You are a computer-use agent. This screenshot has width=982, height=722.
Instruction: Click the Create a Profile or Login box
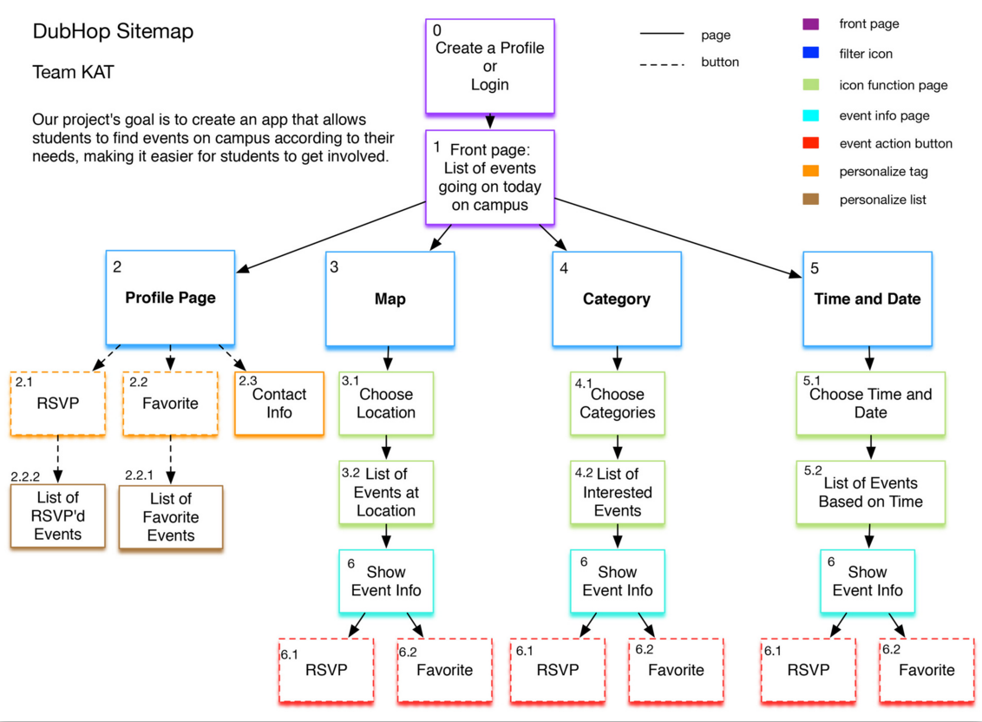pos(490,66)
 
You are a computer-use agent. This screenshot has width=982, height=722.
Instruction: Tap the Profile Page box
pos(170,298)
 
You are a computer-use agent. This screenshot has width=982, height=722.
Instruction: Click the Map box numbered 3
pos(390,299)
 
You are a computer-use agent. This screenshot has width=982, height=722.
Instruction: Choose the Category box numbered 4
pos(616,299)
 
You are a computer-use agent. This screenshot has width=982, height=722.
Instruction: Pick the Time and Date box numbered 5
pos(867,299)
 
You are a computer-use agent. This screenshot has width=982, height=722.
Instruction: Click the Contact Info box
pos(279,404)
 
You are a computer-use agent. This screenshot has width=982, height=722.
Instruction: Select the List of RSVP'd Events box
pos(58,515)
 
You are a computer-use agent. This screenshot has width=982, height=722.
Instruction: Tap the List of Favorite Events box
pos(171,517)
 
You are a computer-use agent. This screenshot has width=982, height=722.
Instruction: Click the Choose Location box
pos(386,404)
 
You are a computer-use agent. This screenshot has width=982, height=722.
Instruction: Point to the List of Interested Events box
pos(618,492)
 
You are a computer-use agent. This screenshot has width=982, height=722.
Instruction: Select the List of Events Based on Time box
pos(870,492)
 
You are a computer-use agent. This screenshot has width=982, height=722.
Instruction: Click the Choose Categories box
pos(618,404)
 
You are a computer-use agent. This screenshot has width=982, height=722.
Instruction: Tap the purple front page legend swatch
pos(810,24)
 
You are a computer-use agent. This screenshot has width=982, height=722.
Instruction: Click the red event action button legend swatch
pos(810,143)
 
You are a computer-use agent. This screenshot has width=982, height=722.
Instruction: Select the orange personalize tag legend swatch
pos(810,172)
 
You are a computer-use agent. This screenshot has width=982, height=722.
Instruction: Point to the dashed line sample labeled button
pos(662,63)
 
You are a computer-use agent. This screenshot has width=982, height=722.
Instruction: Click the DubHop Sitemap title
pos(113,32)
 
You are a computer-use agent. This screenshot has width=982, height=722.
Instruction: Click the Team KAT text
pos(73,73)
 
